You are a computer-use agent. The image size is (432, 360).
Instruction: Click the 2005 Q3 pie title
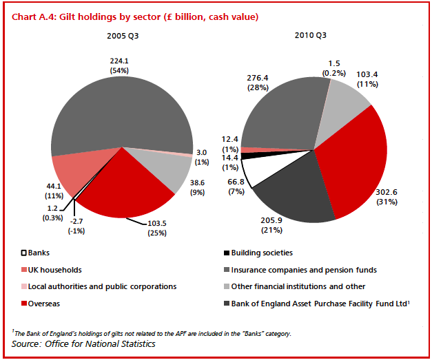coord(121,34)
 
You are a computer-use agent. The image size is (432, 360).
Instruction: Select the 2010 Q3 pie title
coord(310,34)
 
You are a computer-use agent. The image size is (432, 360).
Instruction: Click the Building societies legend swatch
coord(227,253)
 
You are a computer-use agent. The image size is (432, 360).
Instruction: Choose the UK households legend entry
coord(53,270)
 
